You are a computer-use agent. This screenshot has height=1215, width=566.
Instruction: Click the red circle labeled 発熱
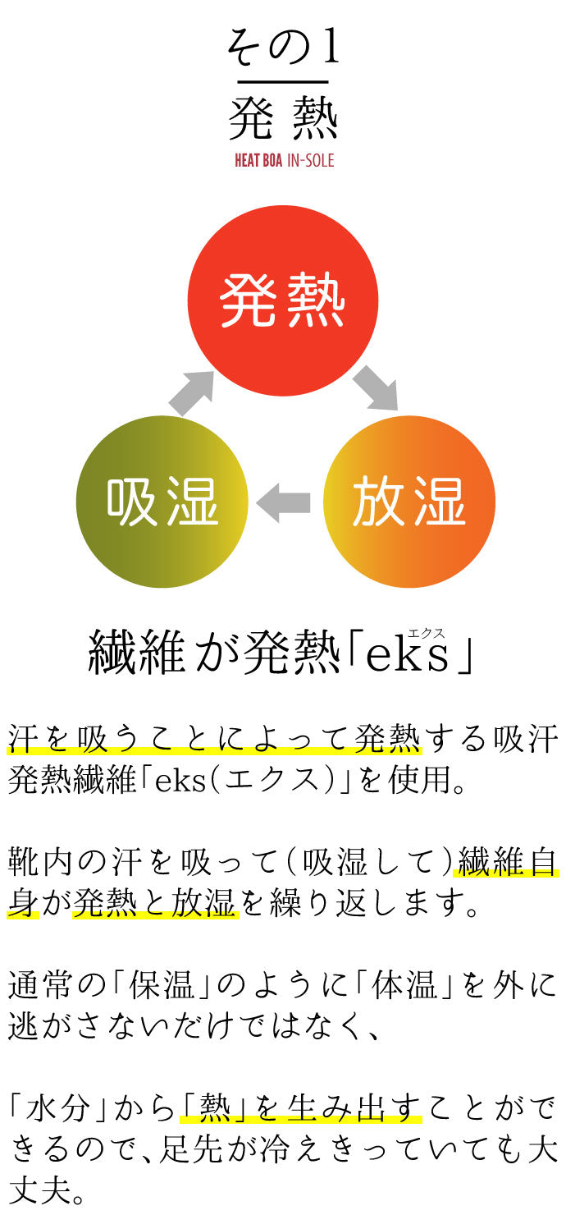282,300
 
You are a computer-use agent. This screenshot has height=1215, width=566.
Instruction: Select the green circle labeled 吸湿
162,501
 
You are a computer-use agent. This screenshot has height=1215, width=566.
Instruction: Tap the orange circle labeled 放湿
409,501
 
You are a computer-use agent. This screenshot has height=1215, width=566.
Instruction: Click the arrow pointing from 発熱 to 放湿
376,387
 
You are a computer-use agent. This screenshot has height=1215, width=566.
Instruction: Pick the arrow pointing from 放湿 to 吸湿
283,502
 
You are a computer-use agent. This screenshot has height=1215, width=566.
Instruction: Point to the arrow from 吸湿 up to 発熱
191,394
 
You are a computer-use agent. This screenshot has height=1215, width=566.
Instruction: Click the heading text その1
283,48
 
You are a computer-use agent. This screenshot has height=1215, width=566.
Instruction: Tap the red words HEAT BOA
258,161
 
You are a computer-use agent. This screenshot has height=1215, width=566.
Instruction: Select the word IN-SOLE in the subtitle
311,161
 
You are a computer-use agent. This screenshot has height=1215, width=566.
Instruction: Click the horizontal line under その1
283,82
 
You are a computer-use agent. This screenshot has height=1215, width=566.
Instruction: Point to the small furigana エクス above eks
427,633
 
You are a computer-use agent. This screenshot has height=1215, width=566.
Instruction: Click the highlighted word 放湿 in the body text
204,902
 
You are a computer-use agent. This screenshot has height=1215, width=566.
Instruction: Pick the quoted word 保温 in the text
161,984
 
